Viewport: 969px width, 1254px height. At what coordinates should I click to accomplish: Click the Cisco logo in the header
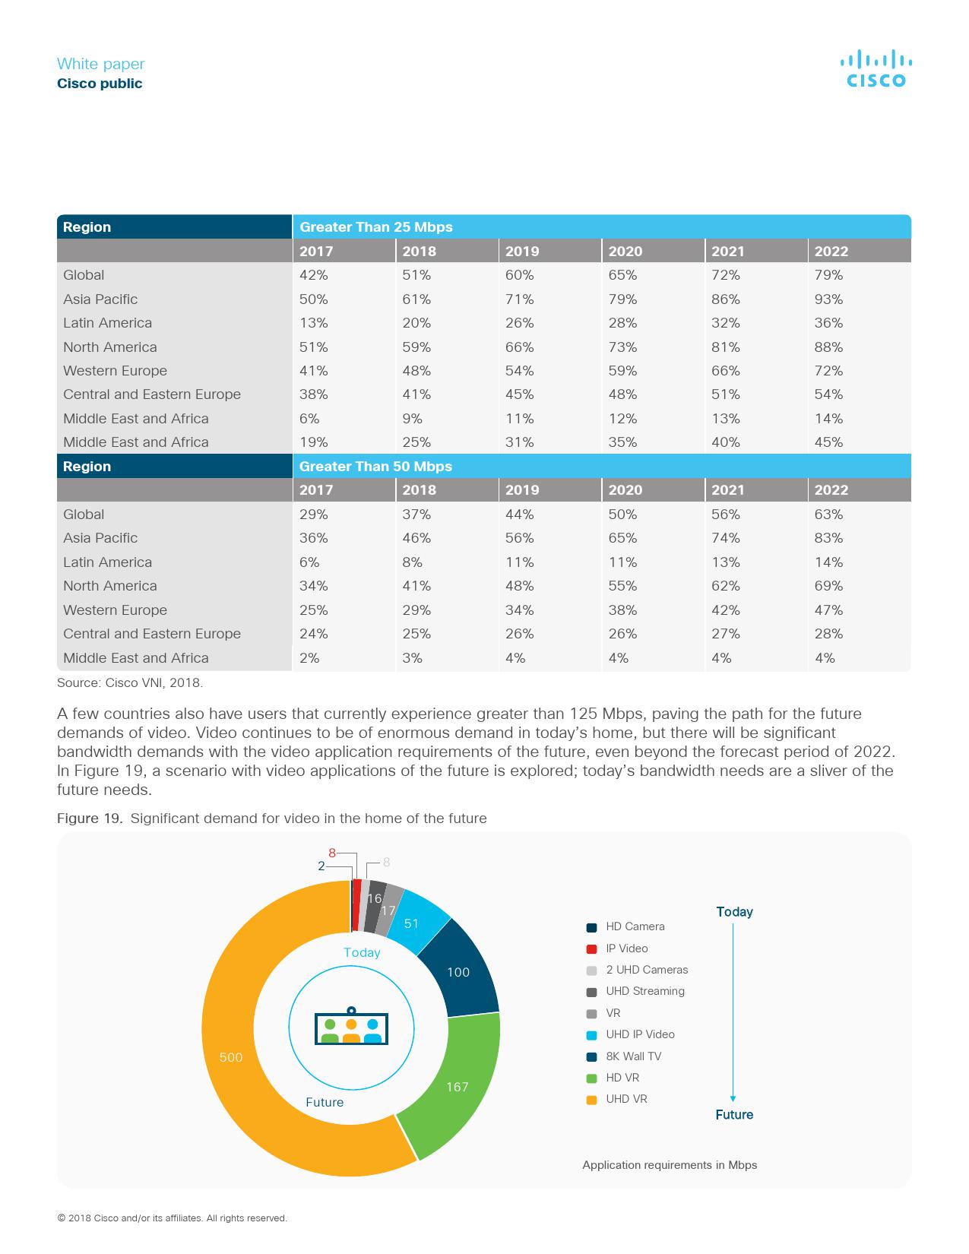[x=876, y=68]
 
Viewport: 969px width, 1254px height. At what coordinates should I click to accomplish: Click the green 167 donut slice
[x=452, y=1083]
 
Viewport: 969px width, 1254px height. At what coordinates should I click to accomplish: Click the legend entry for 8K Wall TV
[x=633, y=1056]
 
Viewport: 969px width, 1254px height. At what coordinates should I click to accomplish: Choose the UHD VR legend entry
[x=626, y=1099]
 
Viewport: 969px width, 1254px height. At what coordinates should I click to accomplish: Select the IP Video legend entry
[x=626, y=948]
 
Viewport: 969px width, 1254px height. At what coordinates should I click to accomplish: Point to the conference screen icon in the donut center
[x=351, y=1027]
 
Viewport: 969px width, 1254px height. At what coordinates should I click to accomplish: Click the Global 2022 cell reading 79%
[x=828, y=275]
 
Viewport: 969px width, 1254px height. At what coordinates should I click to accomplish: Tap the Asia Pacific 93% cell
[x=828, y=299]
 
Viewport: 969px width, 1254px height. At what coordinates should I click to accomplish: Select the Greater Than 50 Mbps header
[x=375, y=467]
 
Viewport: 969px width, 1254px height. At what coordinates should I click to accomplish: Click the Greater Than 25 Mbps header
[x=375, y=227]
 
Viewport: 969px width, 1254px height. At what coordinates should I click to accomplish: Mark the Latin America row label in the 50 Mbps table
[x=107, y=562]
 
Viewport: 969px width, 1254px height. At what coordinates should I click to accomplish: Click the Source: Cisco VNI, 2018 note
[x=130, y=682]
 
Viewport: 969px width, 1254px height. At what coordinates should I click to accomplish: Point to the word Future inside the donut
[x=325, y=1102]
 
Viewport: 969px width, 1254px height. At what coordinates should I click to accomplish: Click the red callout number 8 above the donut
[x=332, y=853]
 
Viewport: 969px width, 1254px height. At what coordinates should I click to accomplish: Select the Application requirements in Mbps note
[x=670, y=1165]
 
